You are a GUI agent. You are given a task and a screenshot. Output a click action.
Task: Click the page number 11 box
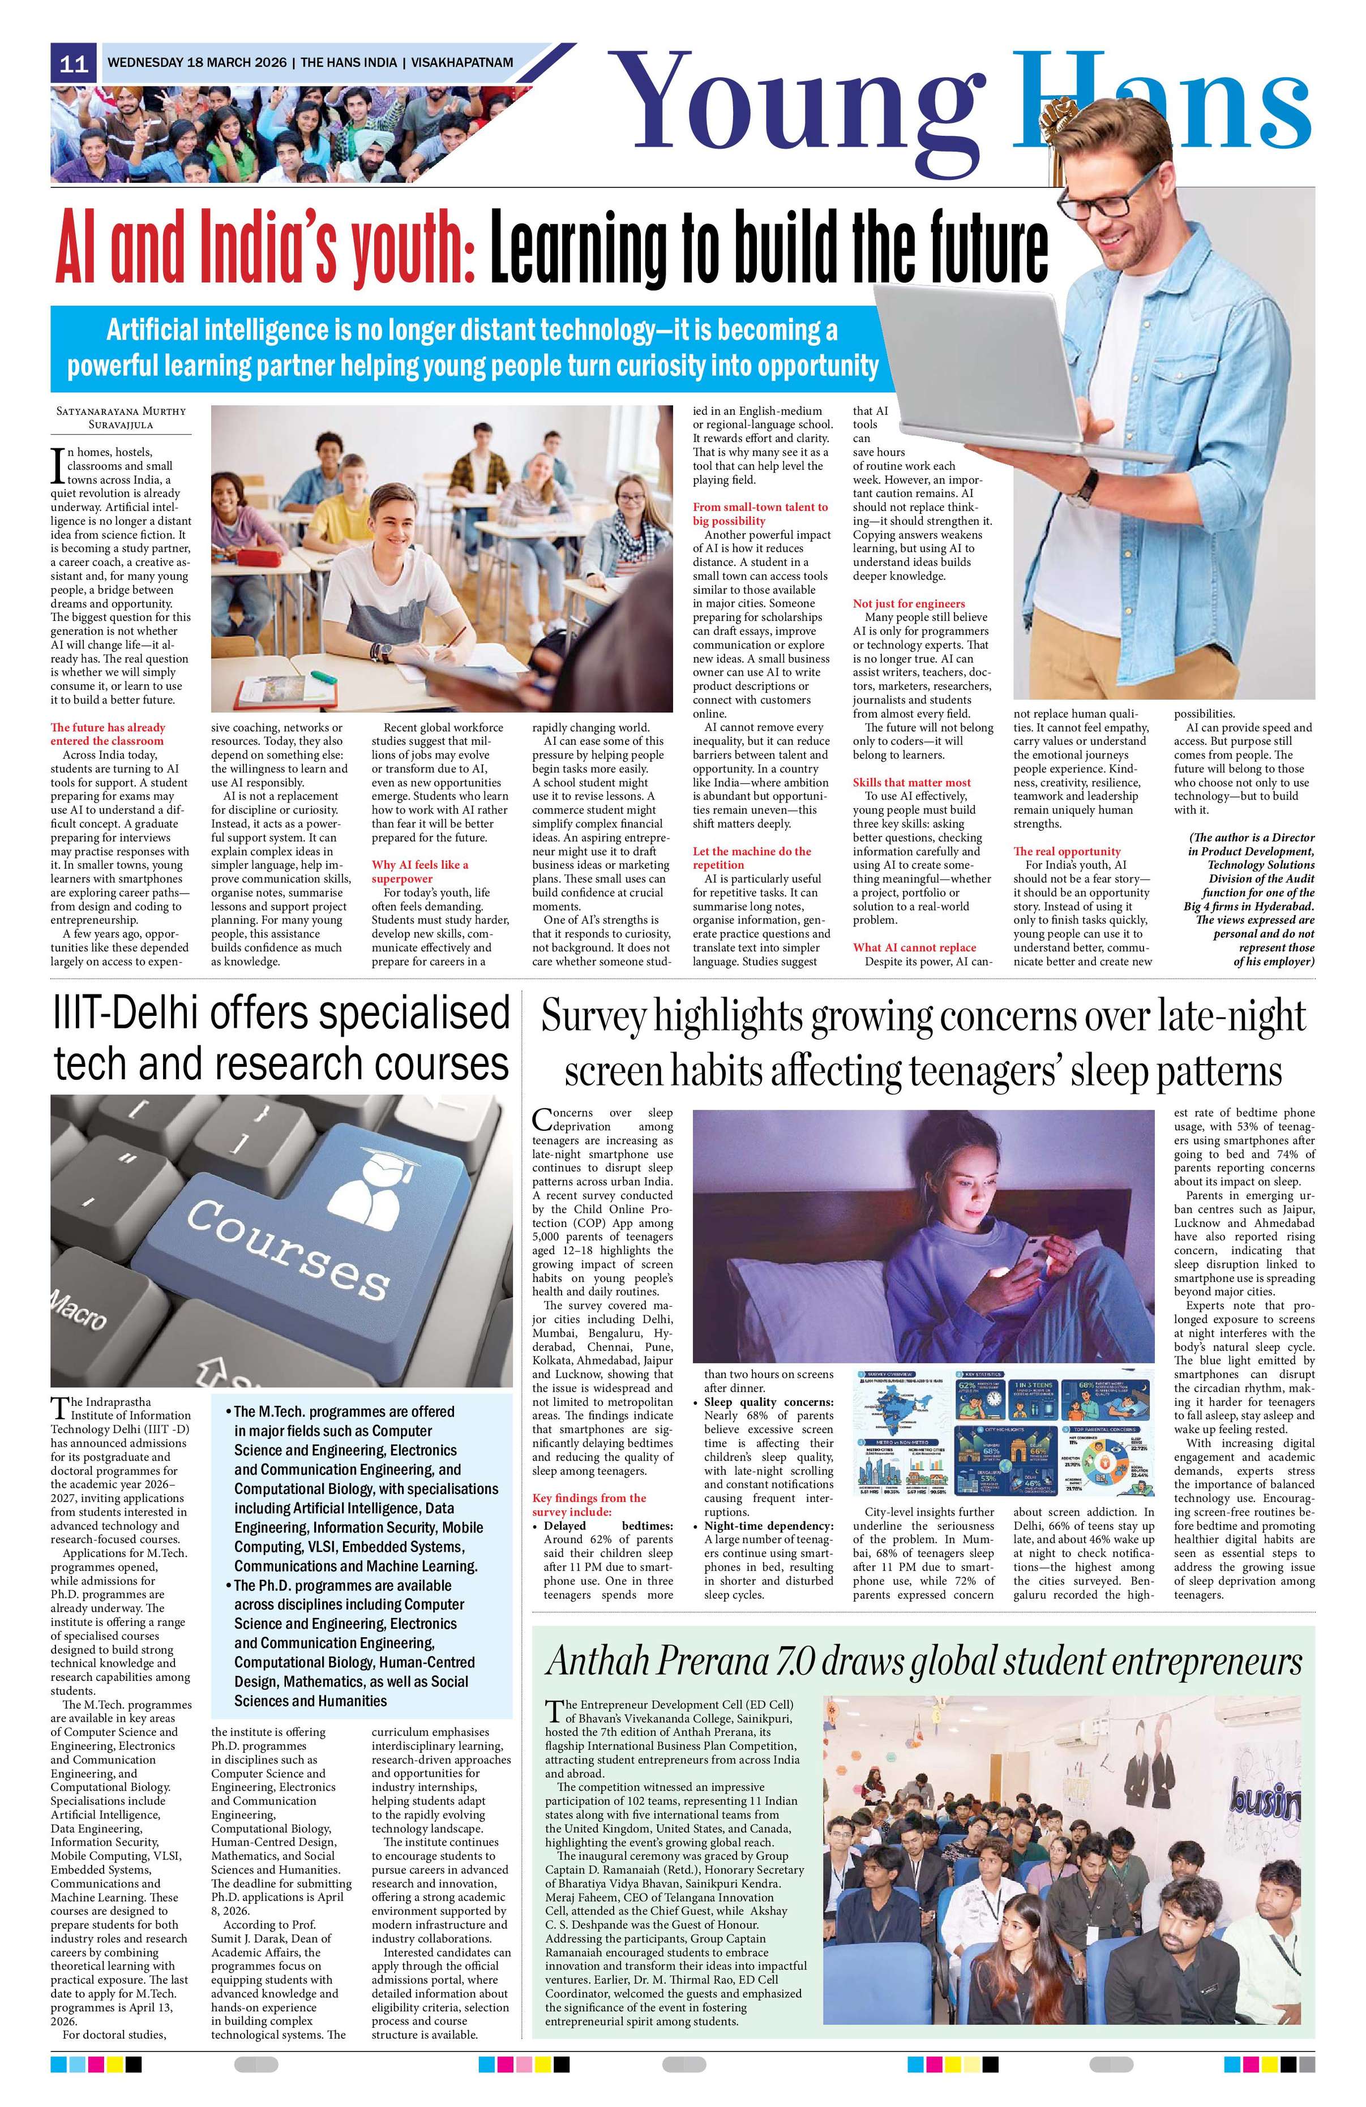coord(74,64)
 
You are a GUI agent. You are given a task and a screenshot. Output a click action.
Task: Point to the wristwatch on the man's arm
coord(1084,485)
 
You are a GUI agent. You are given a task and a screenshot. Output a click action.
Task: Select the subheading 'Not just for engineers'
coord(908,603)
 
